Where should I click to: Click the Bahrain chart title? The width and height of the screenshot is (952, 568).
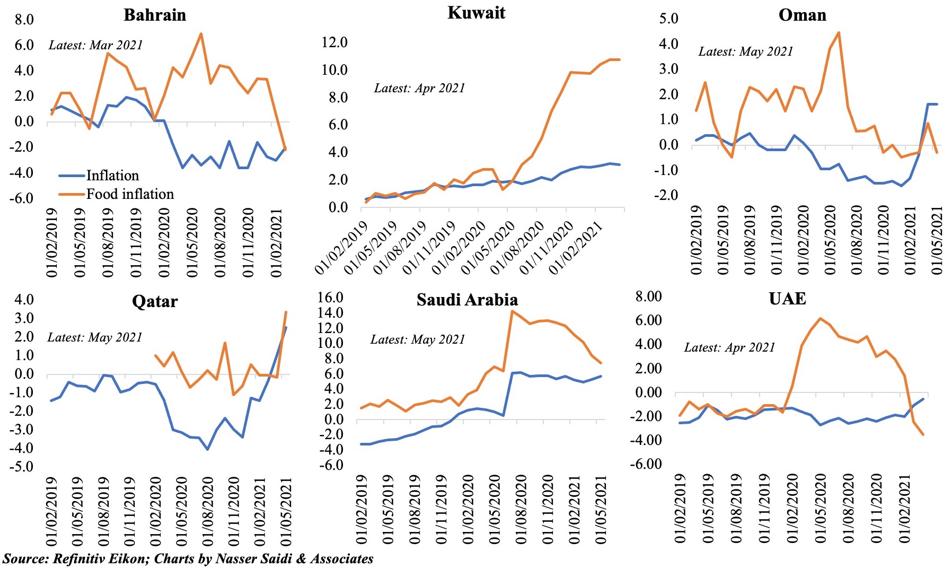(x=155, y=15)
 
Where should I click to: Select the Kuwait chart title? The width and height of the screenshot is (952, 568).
(x=476, y=13)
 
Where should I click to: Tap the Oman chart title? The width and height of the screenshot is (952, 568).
(x=802, y=15)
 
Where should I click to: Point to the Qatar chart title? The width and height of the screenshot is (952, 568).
(x=155, y=301)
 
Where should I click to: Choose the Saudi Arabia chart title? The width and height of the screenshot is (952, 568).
(x=467, y=300)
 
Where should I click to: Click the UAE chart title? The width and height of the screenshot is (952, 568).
(x=787, y=299)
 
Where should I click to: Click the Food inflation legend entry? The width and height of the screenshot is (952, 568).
(x=130, y=194)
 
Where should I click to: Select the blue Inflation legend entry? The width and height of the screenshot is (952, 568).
(x=112, y=176)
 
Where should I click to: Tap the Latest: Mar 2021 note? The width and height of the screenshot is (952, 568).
(x=96, y=45)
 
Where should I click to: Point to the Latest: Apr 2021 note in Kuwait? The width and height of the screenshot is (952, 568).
(x=419, y=88)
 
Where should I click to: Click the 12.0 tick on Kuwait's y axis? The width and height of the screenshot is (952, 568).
(x=334, y=42)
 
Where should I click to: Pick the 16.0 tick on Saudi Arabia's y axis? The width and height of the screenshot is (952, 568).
(x=330, y=298)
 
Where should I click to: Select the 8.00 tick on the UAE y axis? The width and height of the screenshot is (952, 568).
(x=648, y=296)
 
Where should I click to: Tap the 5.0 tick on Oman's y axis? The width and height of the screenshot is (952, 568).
(x=668, y=19)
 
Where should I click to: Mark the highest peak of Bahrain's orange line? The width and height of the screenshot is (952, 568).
(x=201, y=34)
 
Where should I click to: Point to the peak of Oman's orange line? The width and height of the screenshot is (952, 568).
(x=839, y=32)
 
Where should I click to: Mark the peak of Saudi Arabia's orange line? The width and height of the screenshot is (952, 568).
(x=512, y=311)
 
